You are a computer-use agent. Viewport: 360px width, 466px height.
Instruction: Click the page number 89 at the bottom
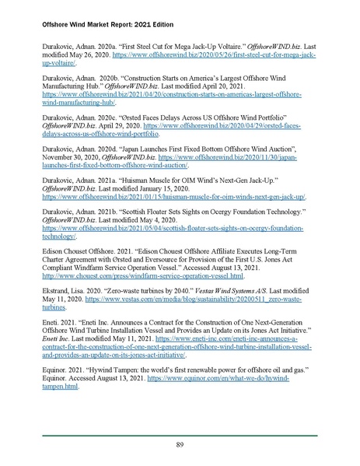[180, 444]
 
